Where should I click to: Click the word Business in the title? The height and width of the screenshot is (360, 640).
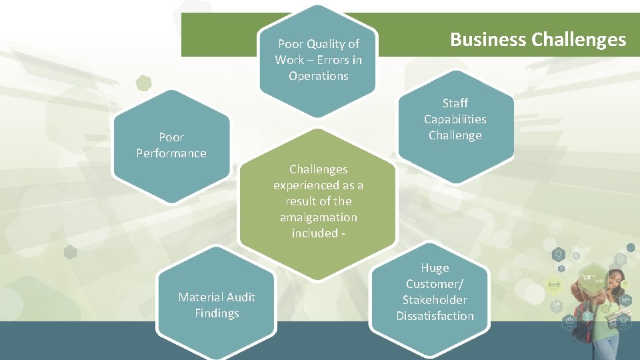pos(488,39)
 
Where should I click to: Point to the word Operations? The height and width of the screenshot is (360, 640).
pos(318,76)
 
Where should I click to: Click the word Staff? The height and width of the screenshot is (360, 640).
pos(455,103)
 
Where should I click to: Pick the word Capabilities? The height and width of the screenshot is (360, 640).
pos(455,119)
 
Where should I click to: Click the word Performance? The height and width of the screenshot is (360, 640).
pos(171,153)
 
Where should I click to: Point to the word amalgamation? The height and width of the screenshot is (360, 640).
pos(318,217)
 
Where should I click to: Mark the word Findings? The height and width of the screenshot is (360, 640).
pos(217,313)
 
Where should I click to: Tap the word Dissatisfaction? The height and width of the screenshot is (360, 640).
pos(435,316)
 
